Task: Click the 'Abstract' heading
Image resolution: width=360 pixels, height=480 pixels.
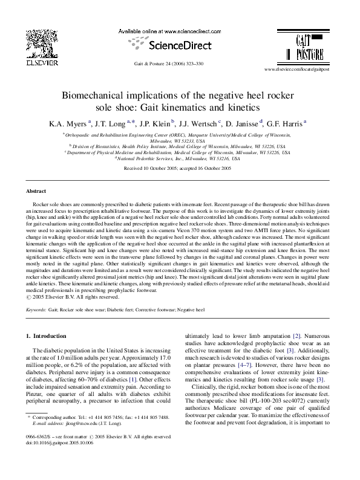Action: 36,190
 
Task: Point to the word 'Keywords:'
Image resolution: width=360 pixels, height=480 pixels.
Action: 36,309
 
